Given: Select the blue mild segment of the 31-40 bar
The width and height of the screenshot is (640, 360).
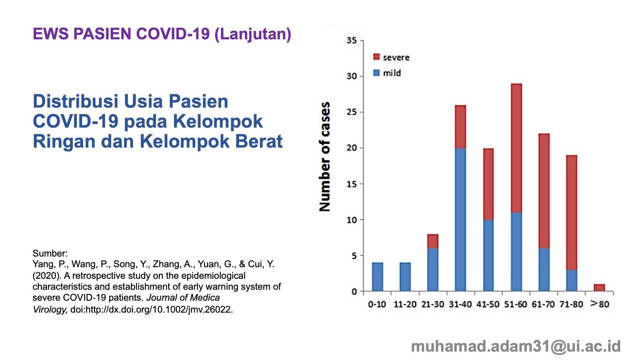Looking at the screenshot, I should (461, 219).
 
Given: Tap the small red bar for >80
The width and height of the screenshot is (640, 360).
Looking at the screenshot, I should (599, 287).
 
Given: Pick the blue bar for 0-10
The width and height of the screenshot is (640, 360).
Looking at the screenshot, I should (377, 277).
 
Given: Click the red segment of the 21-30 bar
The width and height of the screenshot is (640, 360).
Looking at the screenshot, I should (433, 241).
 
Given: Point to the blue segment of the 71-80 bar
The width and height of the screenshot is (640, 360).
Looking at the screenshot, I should (572, 280).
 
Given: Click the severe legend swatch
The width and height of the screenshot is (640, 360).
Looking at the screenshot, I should (376, 57).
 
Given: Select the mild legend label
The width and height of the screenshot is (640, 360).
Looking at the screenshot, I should (392, 73).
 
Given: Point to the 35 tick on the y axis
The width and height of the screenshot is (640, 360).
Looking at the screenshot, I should (352, 41).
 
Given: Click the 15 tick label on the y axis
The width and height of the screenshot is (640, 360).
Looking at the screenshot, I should (352, 184).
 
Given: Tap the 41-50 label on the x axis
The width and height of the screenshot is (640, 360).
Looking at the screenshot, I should (488, 304).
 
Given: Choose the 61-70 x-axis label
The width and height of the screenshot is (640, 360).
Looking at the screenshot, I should (543, 304).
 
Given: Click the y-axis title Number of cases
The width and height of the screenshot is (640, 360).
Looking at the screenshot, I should (325, 157).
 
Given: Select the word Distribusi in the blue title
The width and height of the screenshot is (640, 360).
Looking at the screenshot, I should (76, 101).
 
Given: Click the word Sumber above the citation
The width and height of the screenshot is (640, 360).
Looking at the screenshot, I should (50, 253).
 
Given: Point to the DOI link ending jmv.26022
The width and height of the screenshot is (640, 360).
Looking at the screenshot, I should (151, 309).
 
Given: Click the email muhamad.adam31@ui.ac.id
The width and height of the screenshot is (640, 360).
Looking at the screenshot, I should (516, 346).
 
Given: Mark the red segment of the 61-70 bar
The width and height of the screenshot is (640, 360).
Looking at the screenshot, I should (544, 191).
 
